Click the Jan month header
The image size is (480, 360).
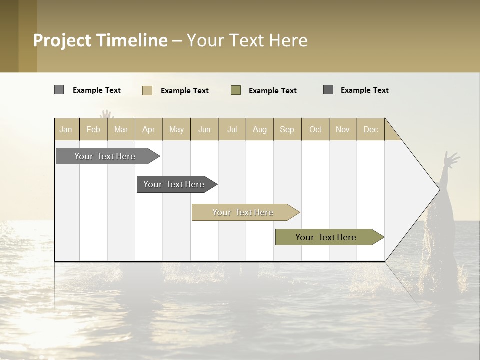(66, 129)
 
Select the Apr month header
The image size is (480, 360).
(149, 129)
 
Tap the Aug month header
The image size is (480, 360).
(260, 129)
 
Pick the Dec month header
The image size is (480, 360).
(371, 129)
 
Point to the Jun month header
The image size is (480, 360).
(204, 129)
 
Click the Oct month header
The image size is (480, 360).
(315, 129)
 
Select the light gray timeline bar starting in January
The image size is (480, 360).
(105, 156)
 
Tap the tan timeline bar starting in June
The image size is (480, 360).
(243, 212)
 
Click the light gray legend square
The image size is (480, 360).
(59, 90)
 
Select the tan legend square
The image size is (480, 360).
(147, 90)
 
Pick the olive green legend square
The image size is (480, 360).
(236, 90)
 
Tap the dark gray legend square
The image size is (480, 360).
(328, 90)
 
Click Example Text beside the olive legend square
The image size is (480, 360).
(273, 91)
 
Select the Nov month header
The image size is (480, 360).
(343, 129)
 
